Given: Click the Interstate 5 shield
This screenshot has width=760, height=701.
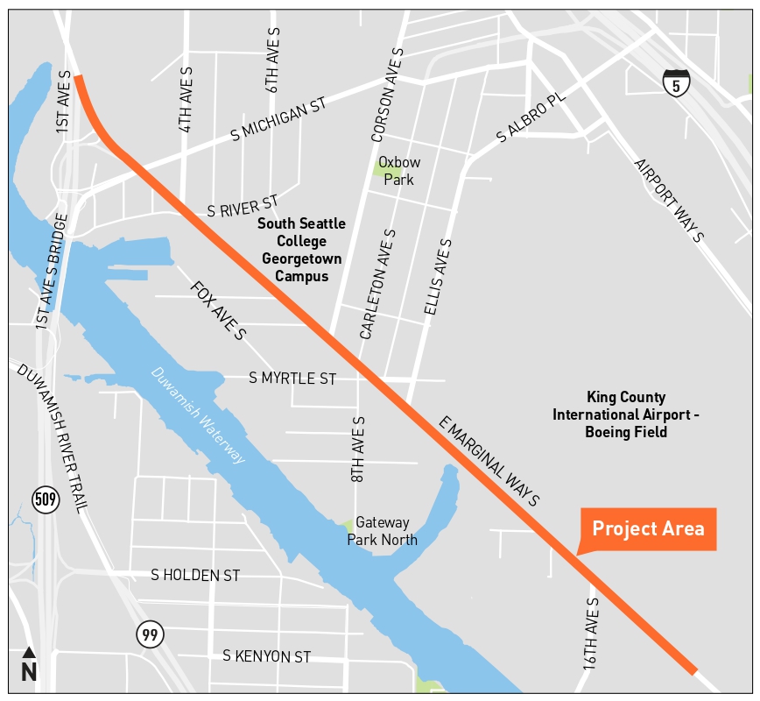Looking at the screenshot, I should pos(676,82).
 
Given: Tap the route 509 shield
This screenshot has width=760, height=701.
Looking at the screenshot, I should pos(46,500).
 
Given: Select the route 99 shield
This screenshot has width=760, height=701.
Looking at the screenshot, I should pos(150,634).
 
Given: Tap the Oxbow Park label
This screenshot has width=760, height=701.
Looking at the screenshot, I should pos(399,171).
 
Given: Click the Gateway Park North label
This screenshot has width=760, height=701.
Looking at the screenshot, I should pos(382,531).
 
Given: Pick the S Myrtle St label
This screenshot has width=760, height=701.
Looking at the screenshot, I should pos(292,379).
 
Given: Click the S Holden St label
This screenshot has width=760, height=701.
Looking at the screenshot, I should pos(195,576).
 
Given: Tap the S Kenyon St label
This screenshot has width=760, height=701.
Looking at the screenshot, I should pos(266,656).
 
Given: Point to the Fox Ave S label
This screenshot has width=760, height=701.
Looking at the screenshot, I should pos(218,310).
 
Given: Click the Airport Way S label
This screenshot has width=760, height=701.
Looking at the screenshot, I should pos(669,201).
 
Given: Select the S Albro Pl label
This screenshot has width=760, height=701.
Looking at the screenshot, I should pos(531,119).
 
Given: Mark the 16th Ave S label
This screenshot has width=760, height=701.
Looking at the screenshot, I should pos(592,634).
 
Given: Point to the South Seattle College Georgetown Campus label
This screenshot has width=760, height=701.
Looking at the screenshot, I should pos(301,250).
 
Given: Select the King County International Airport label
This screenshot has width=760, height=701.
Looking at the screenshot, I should pos(626,414).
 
